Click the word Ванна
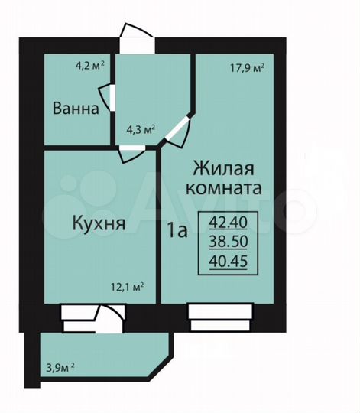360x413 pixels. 76,109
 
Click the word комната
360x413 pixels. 227,187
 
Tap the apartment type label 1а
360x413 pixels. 176,229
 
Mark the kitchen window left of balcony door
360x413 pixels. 76,315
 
